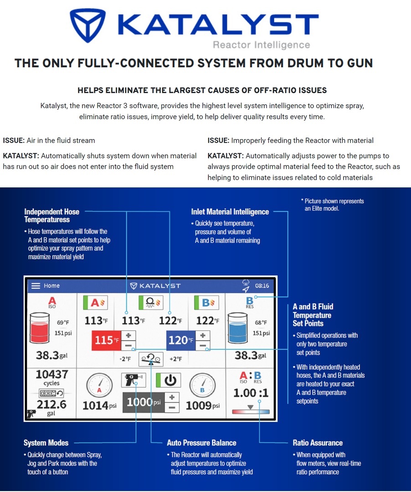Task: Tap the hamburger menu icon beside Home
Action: click(36, 286)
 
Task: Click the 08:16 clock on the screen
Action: click(262, 286)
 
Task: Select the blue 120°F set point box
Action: click(181, 340)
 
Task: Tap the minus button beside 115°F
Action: click(129, 346)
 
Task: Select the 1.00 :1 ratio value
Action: click(251, 393)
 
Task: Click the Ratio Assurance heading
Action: click(318, 443)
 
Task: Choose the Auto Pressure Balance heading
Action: click(201, 443)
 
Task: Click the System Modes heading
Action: click(46, 443)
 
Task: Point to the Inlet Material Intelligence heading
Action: click(230, 212)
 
